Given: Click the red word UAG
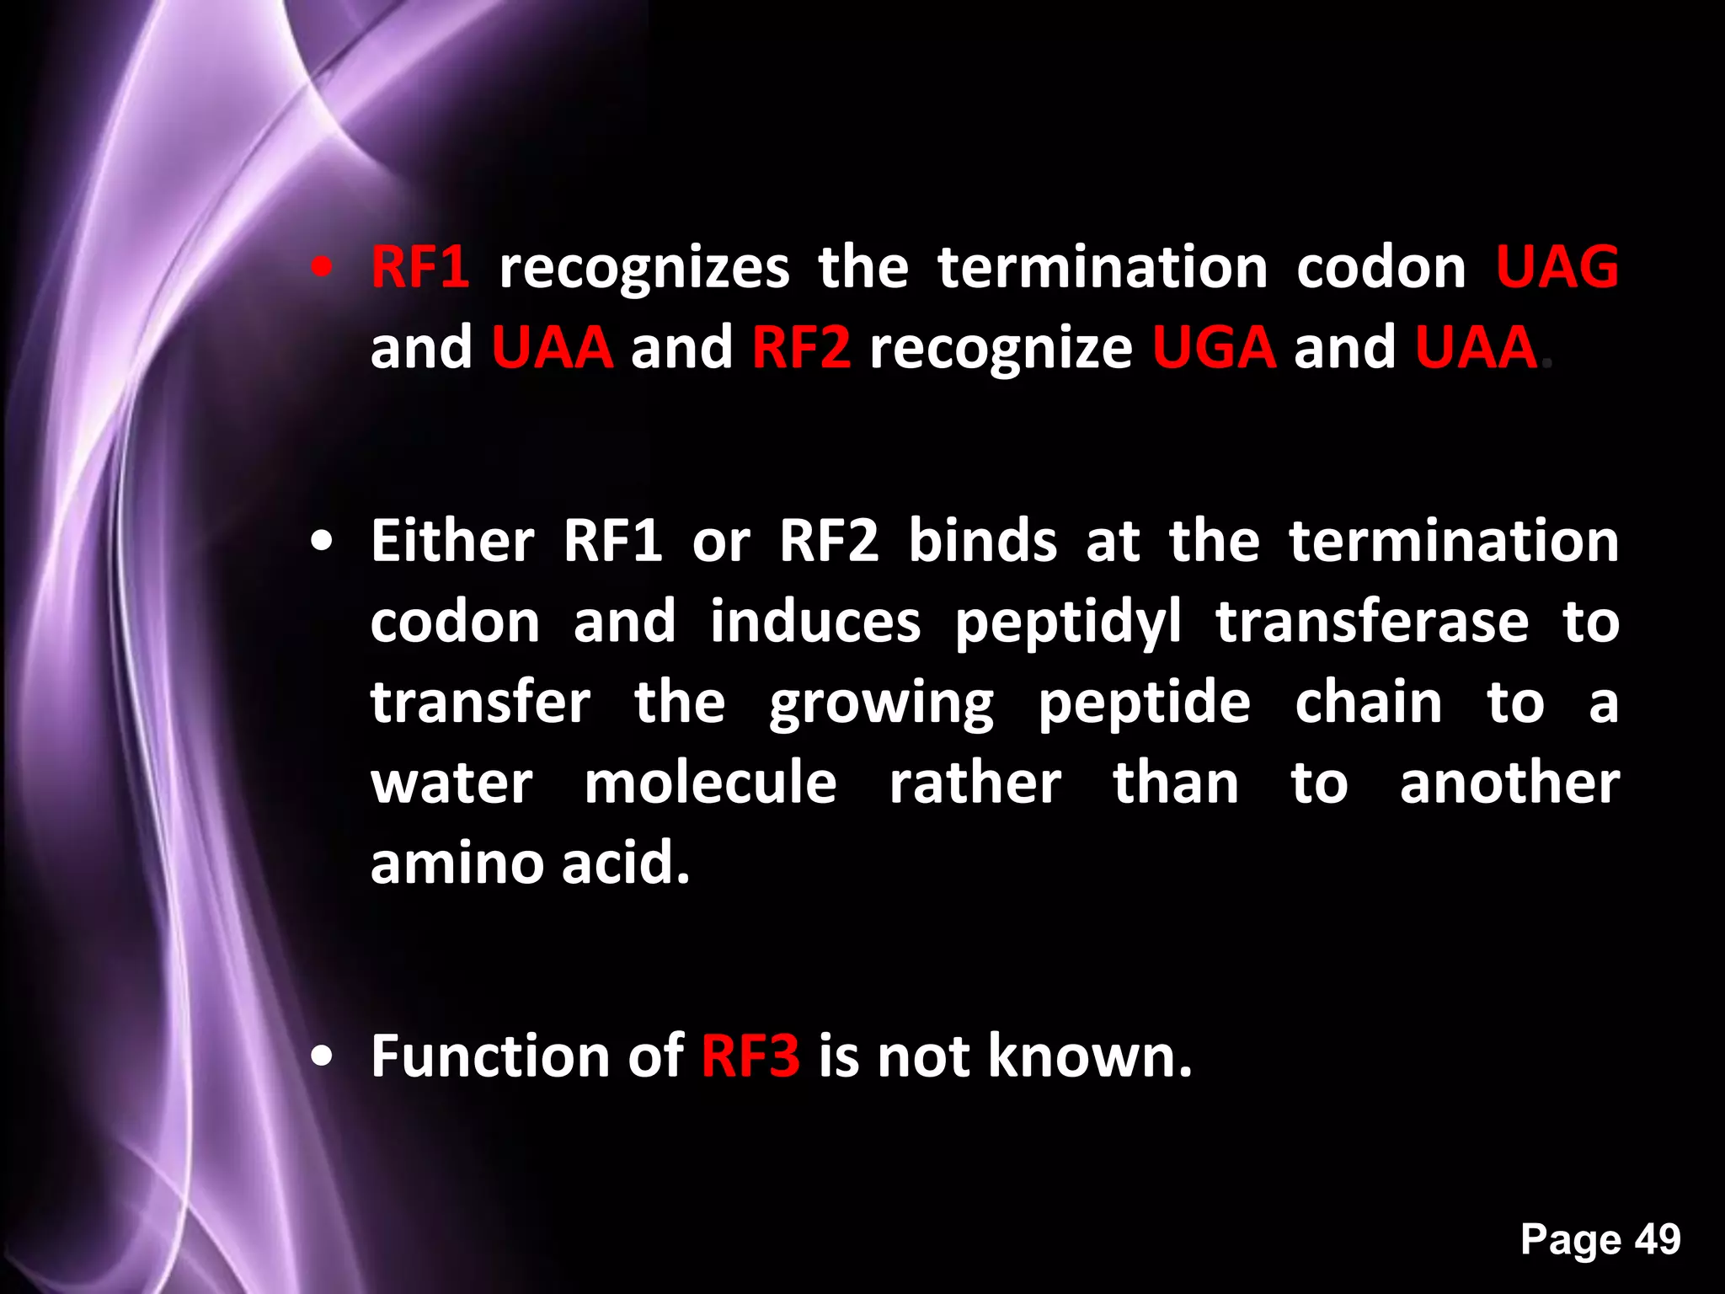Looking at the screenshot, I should (x=1557, y=267).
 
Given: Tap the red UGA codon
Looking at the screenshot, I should (x=1214, y=347).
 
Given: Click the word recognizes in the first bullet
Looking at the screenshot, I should (x=644, y=269).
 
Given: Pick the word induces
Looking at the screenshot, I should (x=814, y=622).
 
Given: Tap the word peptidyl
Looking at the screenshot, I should (x=1067, y=623).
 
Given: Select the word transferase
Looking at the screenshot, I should (x=1371, y=622).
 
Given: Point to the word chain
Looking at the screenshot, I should (x=1368, y=703).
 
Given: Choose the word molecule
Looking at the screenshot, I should (x=710, y=783).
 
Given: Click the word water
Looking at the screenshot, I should (x=451, y=783).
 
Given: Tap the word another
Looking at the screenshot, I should (x=1509, y=783).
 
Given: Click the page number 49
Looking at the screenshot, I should (x=1658, y=1239).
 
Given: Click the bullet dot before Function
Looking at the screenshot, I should (x=321, y=1057).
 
